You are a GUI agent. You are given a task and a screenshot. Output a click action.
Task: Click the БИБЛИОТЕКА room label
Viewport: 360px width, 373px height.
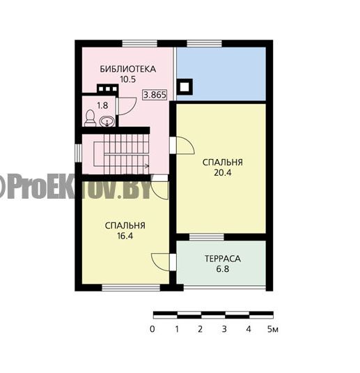pyautogui.click(x=128, y=69)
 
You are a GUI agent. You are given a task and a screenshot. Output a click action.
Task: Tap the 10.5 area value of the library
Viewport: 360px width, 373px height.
pyautogui.click(x=128, y=79)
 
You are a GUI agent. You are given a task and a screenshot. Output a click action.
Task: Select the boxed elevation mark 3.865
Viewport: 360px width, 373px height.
pyautogui.click(x=155, y=95)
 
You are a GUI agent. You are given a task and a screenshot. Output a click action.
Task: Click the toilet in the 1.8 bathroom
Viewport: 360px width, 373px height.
pyautogui.click(x=90, y=119)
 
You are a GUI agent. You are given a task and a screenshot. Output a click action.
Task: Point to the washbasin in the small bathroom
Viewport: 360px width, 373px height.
pyautogui.click(x=107, y=121)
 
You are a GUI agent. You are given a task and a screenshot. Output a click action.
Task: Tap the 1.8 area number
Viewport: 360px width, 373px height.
pyautogui.click(x=102, y=105)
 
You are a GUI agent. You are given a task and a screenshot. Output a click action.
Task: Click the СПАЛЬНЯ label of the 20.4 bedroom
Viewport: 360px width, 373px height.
pyautogui.click(x=223, y=162)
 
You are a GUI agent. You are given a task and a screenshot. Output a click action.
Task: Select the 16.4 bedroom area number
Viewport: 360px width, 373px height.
pyautogui.click(x=125, y=236)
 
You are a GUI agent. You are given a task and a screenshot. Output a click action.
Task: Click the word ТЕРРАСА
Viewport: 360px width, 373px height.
pyautogui.click(x=223, y=259)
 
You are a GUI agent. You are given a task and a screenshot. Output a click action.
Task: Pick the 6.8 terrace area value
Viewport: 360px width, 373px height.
pyautogui.click(x=223, y=269)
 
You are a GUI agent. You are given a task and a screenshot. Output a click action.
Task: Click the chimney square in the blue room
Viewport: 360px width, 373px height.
pyautogui.click(x=185, y=87)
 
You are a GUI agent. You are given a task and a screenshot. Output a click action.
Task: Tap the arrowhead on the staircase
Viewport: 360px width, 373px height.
pyautogui.click(x=147, y=166)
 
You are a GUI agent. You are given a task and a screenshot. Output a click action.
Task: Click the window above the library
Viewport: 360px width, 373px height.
pyautogui.click(x=140, y=44)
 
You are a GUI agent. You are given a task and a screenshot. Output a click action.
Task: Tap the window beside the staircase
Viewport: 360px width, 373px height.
pyautogui.click(x=78, y=153)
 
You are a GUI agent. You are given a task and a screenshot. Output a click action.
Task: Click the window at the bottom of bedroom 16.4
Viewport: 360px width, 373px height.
pyautogui.click(x=131, y=288)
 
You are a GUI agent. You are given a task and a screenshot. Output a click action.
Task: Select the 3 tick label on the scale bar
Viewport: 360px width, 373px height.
pyautogui.click(x=224, y=329)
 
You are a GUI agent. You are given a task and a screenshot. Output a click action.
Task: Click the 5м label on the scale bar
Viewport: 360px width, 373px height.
pyautogui.click(x=272, y=329)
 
